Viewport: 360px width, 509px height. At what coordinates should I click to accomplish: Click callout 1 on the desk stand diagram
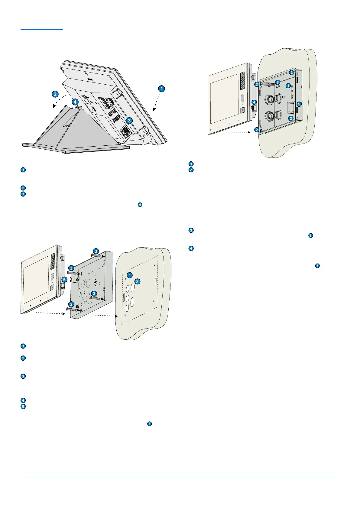162,89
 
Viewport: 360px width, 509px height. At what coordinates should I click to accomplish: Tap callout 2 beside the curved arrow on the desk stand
55,94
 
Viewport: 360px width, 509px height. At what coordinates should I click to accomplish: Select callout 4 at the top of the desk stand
75,102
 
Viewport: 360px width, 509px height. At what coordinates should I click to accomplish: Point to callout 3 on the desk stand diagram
129,120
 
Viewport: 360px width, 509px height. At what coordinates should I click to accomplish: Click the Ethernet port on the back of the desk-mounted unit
124,131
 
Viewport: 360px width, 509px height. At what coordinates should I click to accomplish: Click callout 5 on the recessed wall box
299,104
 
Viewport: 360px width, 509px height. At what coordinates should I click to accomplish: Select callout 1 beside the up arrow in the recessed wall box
288,86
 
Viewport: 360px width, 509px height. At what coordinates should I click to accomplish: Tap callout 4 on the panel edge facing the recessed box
254,102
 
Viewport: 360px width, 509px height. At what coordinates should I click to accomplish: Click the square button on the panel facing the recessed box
242,110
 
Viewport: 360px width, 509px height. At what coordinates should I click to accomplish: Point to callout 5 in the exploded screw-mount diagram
64,280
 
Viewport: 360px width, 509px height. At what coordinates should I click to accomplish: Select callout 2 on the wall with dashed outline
137,281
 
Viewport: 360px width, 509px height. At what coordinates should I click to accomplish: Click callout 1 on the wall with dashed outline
130,275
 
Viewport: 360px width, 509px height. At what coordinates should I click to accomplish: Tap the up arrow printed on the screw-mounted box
96,283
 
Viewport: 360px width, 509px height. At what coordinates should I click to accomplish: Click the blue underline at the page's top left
42,29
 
